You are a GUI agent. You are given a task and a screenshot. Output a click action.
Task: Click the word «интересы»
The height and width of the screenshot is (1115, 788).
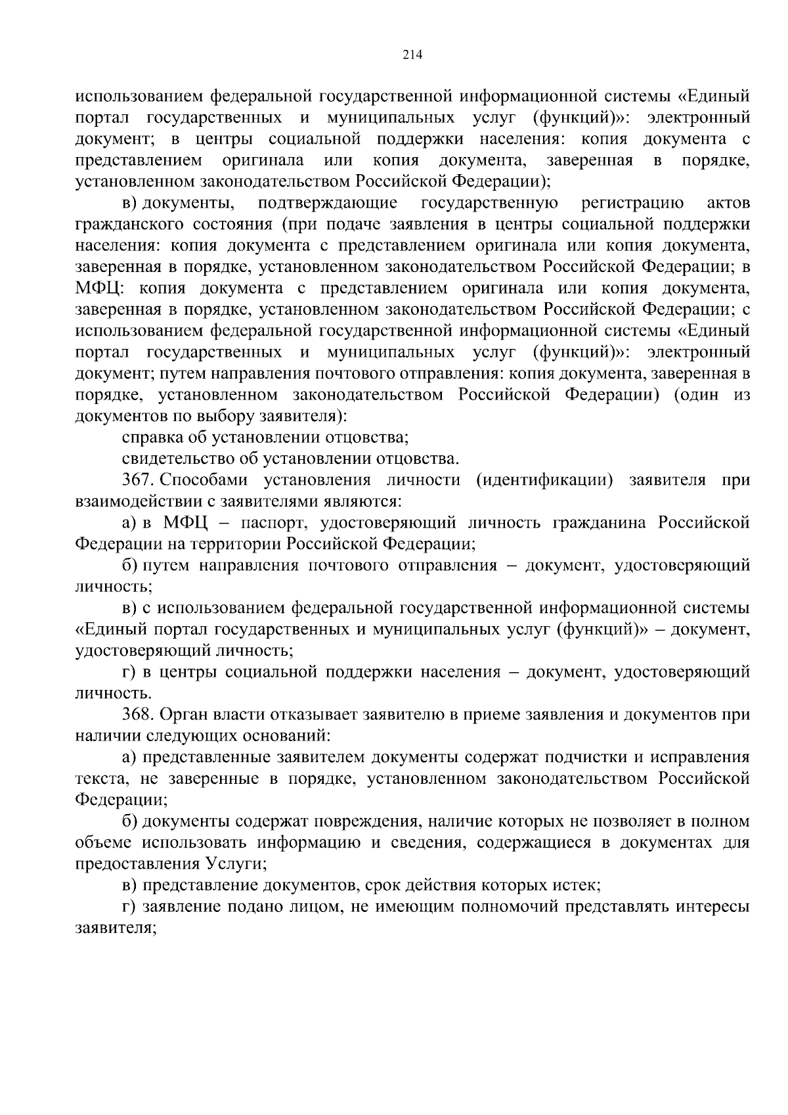713,907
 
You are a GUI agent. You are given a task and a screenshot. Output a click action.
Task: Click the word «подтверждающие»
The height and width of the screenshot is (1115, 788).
328,203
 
